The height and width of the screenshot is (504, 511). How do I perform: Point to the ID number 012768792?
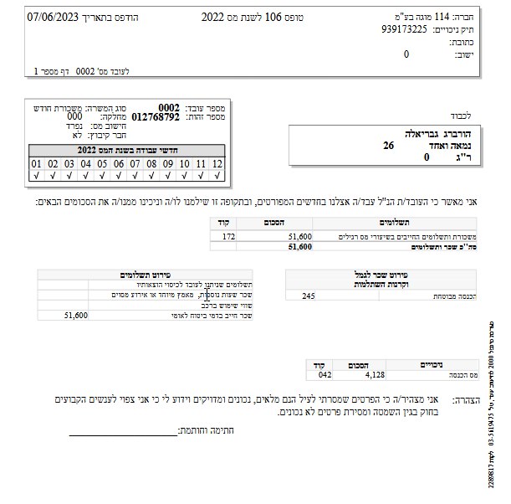[x=156, y=117]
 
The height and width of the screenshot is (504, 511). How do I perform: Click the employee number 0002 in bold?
[x=169, y=107]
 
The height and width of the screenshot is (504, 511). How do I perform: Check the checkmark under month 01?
[x=37, y=176]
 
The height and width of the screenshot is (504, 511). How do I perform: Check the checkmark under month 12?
[x=217, y=176]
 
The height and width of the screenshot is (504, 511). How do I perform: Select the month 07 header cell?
[x=135, y=164]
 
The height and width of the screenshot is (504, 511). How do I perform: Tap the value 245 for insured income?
[x=309, y=296]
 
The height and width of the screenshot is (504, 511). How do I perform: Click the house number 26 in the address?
[x=388, y=145]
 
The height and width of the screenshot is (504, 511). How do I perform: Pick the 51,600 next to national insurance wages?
[x=75, y=315]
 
